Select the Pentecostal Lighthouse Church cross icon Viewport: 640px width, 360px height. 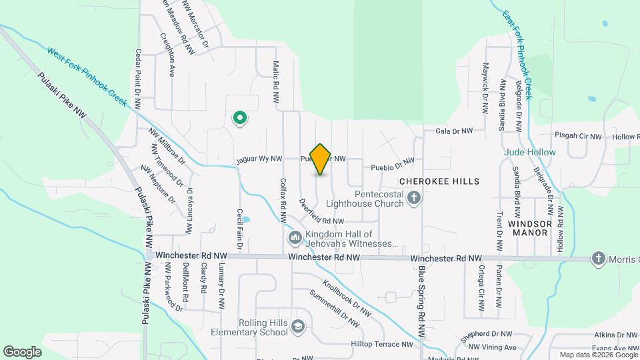point(414,197)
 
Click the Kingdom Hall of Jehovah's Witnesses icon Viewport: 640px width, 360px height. point(295,238)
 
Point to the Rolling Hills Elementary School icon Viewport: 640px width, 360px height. point(299,327)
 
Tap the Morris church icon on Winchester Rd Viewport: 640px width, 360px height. point(599,259)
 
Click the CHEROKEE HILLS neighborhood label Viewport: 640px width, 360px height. point(439,181)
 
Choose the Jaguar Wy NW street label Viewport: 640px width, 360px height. point(259,160)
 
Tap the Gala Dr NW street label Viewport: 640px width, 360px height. point(454,131)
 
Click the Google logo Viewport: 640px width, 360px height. point(23,351)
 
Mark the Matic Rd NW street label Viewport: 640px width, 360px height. point(275,81)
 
